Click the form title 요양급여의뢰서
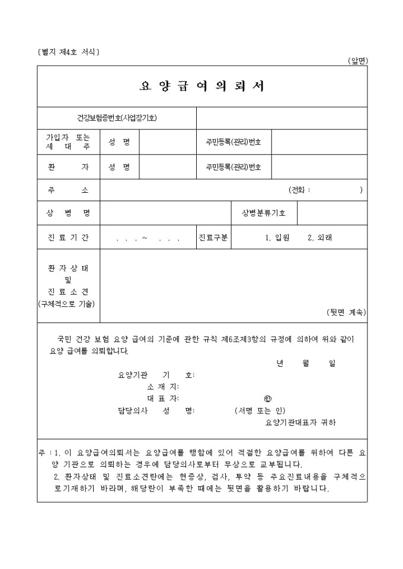(x=201, y=86)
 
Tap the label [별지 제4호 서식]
(x=68, y=52)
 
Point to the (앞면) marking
(x=358, y=60)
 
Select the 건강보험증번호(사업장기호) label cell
(x=117, y=118)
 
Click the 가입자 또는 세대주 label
(x=68, y=142)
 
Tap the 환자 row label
(x=68, y=167)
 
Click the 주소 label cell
(x=68, y=190)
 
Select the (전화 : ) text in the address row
(x=325, y=190)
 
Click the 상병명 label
(x=68, y=213)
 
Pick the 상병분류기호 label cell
(x=264, y=213)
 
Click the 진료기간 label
(x=68, y=238)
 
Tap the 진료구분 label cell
(x=213, y=238)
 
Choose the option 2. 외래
(x=320, y=238)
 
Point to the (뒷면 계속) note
(x=346, y=312)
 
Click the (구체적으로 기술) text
(x=68, y=304)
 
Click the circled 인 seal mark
(x=268, y=399)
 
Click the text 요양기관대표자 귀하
(x=300, y=422)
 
